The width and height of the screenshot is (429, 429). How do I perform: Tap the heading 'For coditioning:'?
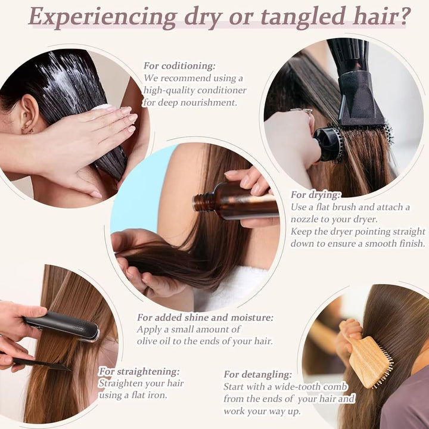(x=179, y=66)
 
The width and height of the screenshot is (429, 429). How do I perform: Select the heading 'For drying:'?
(x=316, y=195)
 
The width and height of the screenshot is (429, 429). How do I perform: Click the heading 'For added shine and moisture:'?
(x=205, y=318)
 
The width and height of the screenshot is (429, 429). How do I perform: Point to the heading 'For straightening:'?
(x=138, y=371)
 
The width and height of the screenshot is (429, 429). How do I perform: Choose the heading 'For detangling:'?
(x=257, y=374)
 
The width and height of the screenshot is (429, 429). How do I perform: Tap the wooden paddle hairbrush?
(x=370, y=360)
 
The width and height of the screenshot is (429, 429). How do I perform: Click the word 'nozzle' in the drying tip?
(x=307, y=219)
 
